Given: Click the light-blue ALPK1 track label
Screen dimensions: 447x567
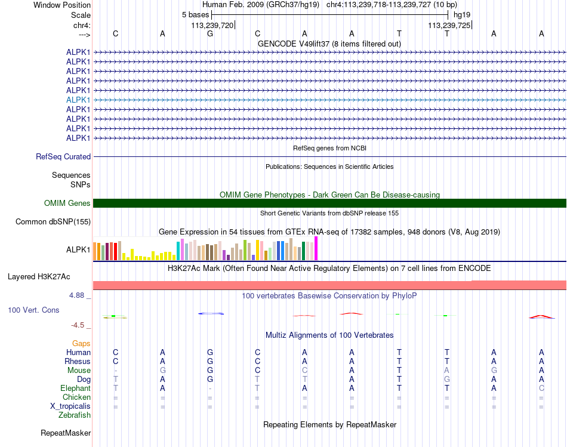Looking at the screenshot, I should click(78, 100).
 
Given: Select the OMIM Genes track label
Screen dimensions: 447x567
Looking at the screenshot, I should click(67, 204).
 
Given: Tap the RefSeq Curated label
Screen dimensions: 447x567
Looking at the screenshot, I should click(63, 157).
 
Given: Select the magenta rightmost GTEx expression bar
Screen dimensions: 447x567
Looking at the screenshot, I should click(316, 248).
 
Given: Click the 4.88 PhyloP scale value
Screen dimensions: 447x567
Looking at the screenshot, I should click(77, 295).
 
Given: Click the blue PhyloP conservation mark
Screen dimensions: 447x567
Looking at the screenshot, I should click(210, 313).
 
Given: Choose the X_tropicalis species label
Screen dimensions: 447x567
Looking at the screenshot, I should click(70, 406).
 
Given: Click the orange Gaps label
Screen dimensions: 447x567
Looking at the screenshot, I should click(81, 344).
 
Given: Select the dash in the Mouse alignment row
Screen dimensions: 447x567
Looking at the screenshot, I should click(115, 371).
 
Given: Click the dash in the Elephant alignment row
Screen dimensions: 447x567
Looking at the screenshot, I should click(210, 389).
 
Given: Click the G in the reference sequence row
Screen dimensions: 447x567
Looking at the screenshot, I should click(210, 33).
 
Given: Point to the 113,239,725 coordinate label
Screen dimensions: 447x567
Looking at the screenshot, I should click(448, 25).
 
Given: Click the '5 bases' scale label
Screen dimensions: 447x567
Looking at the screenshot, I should click(195, 14).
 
